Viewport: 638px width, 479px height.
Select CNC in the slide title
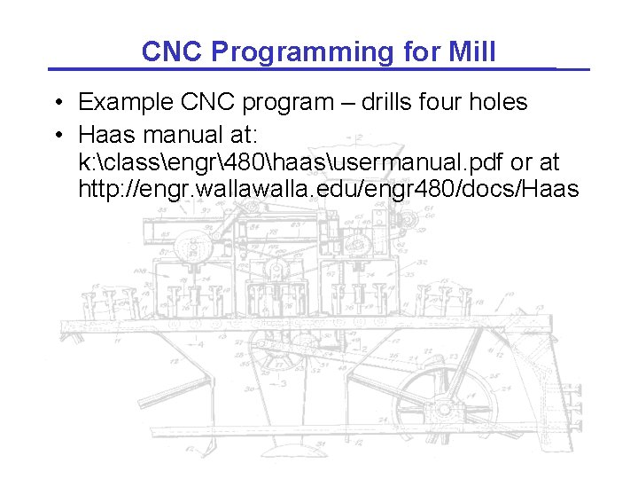point(173,52)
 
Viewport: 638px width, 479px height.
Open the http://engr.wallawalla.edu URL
point(328,190)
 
